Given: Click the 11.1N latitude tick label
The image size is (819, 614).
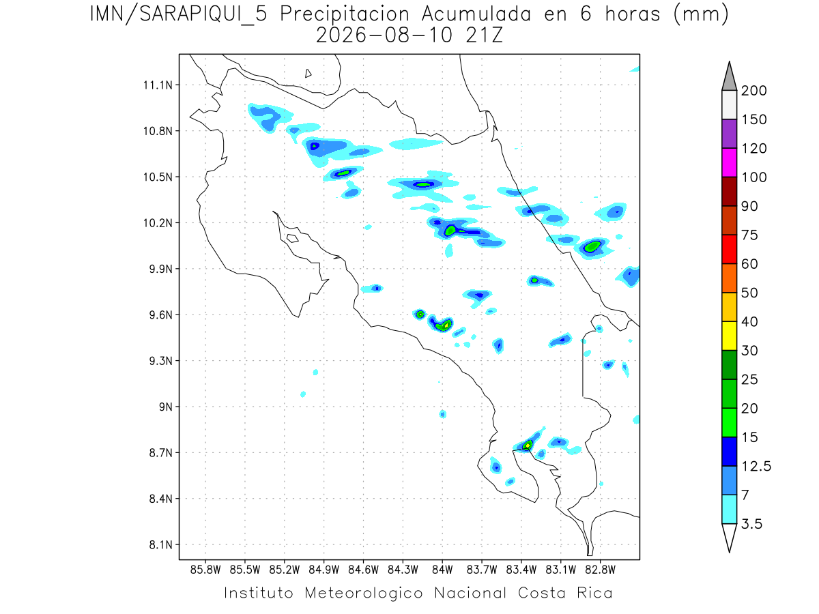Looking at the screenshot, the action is (x=158, y=85).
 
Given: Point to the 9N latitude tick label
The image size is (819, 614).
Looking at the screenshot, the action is (x=166, y=407).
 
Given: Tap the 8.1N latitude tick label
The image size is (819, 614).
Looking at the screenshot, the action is (x=161, y=544).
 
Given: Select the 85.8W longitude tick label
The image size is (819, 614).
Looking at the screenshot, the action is (x=205, y=570).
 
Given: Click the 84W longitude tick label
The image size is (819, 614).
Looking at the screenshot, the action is (x=442, y=570).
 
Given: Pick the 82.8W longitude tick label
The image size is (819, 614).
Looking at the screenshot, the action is (x=601, y=570).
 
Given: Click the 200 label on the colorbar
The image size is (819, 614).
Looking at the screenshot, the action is (x=753, y=91).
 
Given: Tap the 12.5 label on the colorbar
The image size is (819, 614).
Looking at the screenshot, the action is (x=756, y=467).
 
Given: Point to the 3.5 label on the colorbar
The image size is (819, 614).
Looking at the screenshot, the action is (x=751, y=524).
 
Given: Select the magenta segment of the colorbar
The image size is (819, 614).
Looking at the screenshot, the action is (x=730, y=162).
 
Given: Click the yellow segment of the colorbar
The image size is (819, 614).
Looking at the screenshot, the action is (x=730, y=336).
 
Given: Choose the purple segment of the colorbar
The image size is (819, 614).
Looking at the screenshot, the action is (x=730, y=134).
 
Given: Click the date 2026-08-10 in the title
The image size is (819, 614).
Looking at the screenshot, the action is (x=385, y=35).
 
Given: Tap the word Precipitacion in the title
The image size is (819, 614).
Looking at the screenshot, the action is (x=345, y=15).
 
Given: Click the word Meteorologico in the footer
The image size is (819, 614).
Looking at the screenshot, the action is (x=363, y=594).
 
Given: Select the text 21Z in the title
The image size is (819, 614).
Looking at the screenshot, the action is (x=485, y=35).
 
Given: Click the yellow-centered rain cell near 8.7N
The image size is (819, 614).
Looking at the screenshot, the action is (x=527, y=445).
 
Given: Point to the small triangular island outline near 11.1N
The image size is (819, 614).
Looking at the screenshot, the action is (x=308, y=73).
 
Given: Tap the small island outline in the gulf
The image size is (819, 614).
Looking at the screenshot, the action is (x=293, y=238).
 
